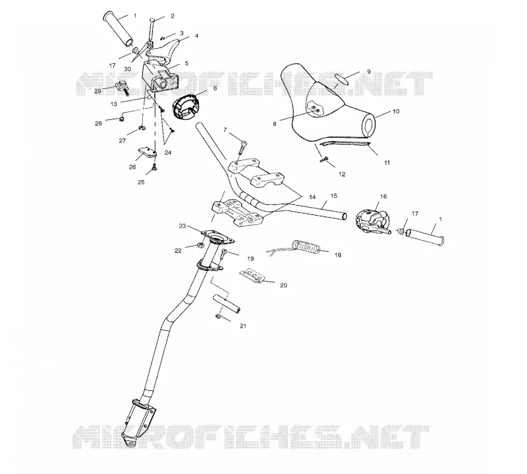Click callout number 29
coord(97,91)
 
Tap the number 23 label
coord(182,226)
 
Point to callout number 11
coord(387,162)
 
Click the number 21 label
coord(243,326)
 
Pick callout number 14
coord(312,197)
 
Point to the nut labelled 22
coord(200,245)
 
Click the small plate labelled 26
coord(147,152)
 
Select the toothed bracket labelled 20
coord(254,276)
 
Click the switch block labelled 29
coord(122,86)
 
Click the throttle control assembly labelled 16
coord(372,221)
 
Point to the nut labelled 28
coord(121,119)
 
